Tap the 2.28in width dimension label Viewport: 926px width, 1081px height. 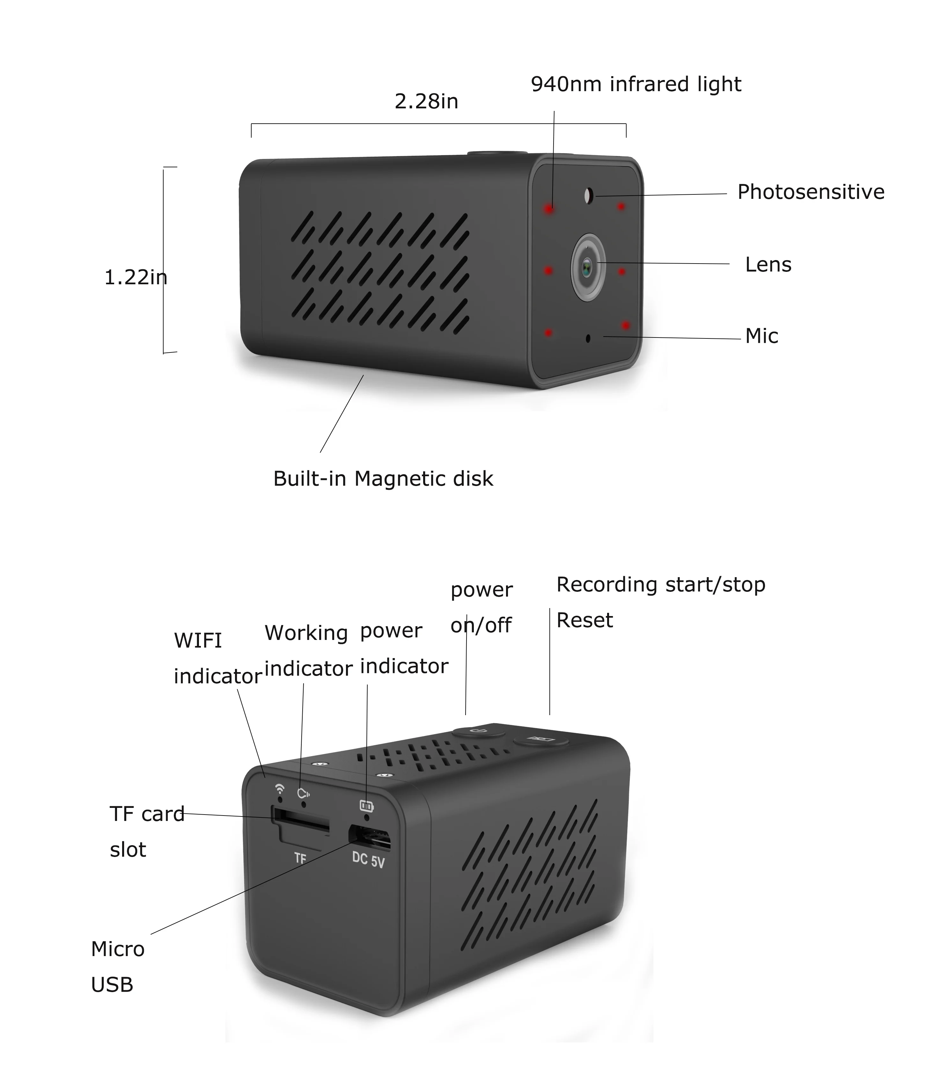[426, 101]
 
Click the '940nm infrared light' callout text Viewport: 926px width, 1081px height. [636, 84]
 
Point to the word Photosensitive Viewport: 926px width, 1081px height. [810, 192]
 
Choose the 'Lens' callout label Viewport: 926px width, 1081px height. [768, 265]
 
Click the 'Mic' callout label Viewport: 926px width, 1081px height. [761, 336]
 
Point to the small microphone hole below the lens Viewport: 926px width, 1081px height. [588, 338]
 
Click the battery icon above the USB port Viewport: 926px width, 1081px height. [366, 806]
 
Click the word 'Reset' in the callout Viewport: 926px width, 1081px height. [584, 620]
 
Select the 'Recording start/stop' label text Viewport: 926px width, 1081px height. [660, 584]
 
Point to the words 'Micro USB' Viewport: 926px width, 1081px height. [117, 967]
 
